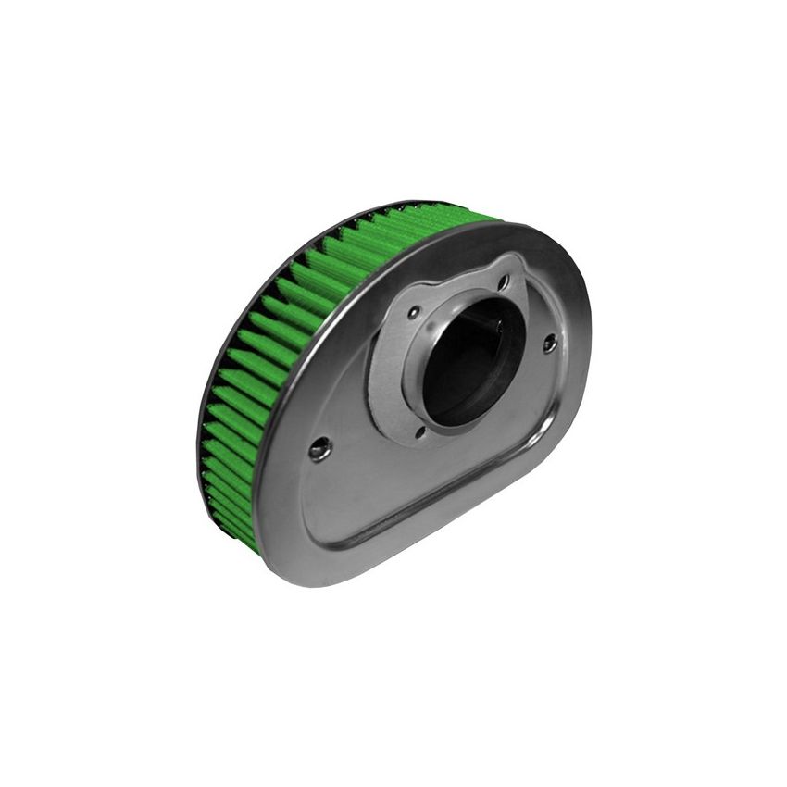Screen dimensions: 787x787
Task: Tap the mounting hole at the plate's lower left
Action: coord(319,450)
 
